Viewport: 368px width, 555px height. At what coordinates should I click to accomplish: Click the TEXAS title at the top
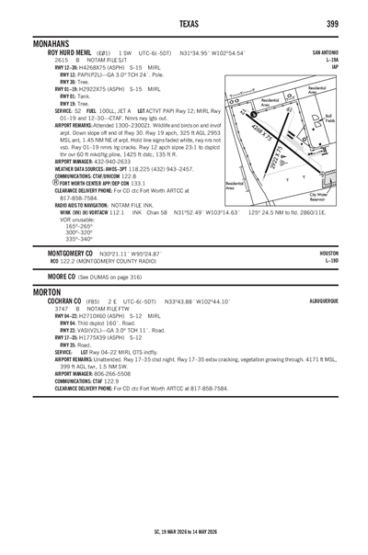[x=184, y=23]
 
